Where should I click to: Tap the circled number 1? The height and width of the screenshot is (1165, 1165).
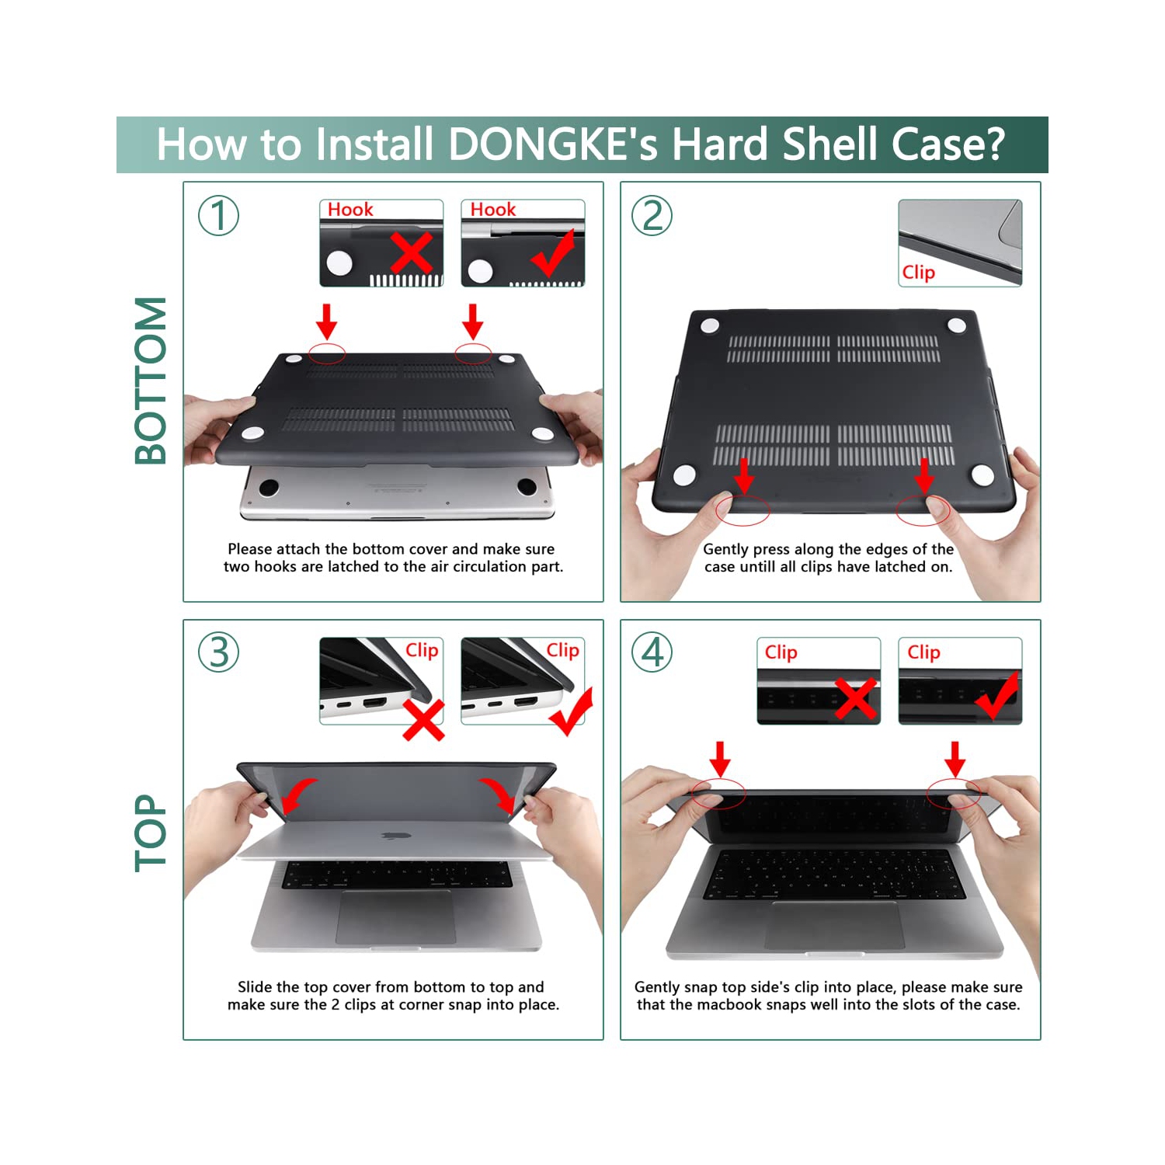218,215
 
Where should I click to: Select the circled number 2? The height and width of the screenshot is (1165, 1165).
652,215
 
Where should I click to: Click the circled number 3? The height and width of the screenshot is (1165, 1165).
218,652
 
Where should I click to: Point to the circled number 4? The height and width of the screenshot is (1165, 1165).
652,652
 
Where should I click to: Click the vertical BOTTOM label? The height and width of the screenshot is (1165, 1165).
151,381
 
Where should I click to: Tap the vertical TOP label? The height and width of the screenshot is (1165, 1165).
151,833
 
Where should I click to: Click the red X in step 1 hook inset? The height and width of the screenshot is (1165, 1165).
411,252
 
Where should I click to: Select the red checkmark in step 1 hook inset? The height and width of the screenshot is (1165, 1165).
555,253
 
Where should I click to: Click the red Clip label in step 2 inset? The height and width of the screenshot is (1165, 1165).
918,273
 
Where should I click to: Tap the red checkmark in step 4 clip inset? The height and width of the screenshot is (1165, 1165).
997,696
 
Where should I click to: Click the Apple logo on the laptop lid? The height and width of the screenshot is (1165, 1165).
396,836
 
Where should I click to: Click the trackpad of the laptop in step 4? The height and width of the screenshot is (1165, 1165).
835,924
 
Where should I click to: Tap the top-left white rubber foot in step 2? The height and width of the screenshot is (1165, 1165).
709,325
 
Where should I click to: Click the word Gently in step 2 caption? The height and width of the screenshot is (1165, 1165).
725,549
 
